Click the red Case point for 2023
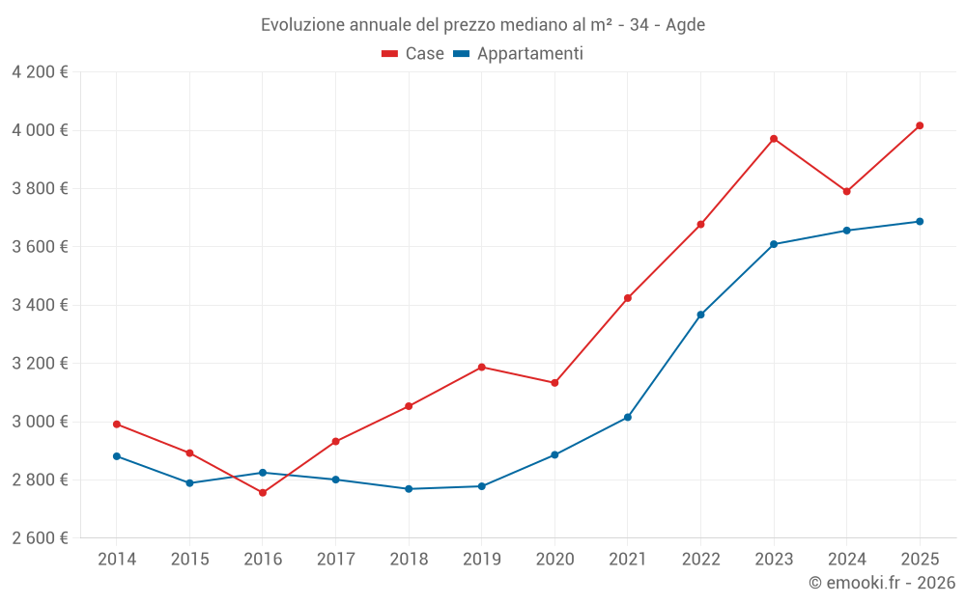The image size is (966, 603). (774, 139)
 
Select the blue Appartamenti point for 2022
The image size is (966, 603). (700, 315)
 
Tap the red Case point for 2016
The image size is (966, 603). (263, 493)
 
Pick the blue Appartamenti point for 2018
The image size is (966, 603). (409, 489)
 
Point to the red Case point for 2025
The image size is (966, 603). (920, 125)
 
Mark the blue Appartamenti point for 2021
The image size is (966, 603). (628, 418)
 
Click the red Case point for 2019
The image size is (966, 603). (482, 367)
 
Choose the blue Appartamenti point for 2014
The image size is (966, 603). (117, 456)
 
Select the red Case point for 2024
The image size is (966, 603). (847, 191)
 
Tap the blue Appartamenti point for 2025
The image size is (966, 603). (920, 222)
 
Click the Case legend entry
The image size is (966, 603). (413, 54)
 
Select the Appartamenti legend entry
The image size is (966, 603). (519, 54)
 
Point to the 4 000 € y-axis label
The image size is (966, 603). (40, 130)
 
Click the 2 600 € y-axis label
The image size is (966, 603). (40, 538)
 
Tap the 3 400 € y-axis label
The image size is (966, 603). (40, 305)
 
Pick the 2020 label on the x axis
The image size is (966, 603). (554, 560)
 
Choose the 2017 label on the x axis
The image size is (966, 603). (335, 560)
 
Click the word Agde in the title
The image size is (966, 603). (686, 25)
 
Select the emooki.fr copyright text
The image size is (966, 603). (882, 583)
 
